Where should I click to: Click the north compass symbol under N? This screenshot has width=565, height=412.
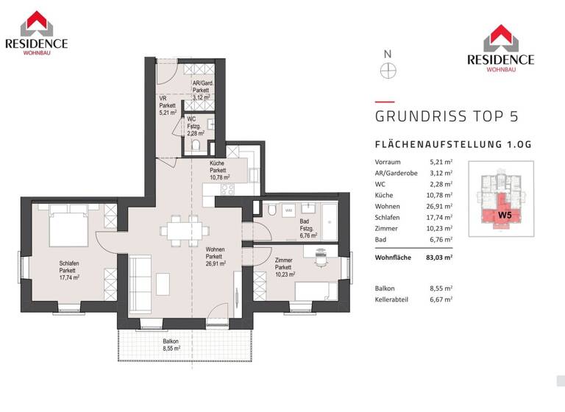click(388, 71)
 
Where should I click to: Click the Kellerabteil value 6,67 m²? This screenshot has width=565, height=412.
click(440, 299)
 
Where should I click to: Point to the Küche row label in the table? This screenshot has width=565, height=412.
click(383, 195)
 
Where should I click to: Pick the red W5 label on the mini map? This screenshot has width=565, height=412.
click(505, 215)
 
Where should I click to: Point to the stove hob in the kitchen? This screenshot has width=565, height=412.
click(227, 189)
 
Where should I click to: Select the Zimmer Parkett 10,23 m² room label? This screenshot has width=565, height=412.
click(285, 267)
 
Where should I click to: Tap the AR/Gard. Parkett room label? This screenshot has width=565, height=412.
click(202, 90)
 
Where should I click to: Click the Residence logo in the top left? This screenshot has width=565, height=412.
click(36, 32)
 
